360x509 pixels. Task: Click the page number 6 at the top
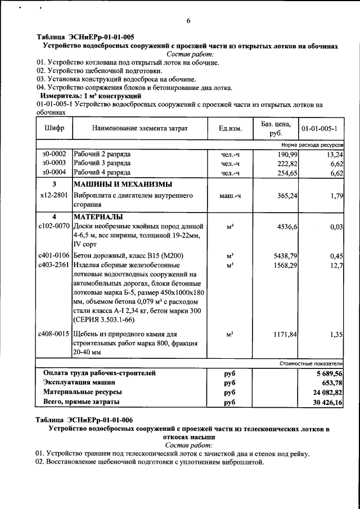tap(188, 21)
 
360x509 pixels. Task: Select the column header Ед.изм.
tap(230, 129)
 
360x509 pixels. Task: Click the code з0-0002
tap(54, 154)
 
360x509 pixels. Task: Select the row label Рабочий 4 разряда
tap(102, 173)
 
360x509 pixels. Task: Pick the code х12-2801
tap(54, 195)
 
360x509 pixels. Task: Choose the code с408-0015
tap(54, 334)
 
